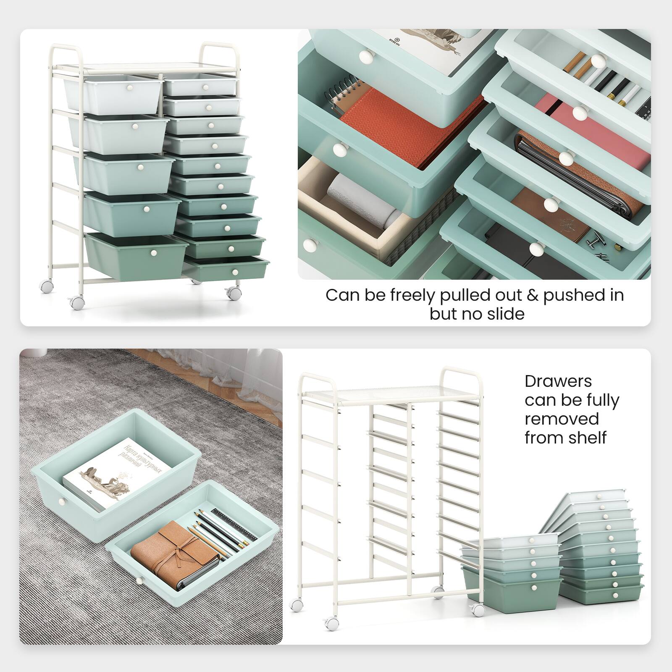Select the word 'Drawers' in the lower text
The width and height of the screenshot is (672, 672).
(x=558, y=381)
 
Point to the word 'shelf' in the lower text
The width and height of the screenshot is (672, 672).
(x=587, y=438)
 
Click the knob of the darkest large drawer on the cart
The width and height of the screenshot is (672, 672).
(x=154, y=253)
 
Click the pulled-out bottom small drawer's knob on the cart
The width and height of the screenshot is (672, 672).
(x=235, y=273)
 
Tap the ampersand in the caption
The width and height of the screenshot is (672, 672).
(x=532, y=295)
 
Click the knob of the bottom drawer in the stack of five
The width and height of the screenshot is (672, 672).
(x=534, y=588)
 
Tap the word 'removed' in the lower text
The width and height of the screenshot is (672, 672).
(x=562, y=419)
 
